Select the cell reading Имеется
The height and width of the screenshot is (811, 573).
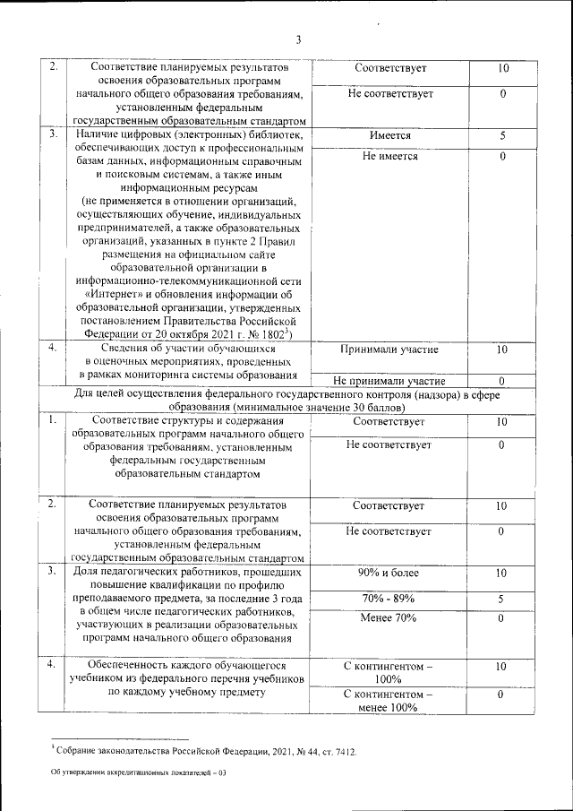[389, 136]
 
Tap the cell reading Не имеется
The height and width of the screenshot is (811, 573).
[389, 157]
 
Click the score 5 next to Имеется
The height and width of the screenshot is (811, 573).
[502, 136]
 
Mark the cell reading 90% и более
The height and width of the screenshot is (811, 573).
[389, 573]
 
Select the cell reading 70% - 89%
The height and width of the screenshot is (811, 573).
[389, 598]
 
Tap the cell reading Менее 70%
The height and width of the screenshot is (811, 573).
[389, 618]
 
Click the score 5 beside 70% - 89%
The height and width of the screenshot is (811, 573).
[502, 598]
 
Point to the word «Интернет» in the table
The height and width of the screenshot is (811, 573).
[115, 293]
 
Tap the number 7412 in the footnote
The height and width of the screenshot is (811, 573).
[342, 751]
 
